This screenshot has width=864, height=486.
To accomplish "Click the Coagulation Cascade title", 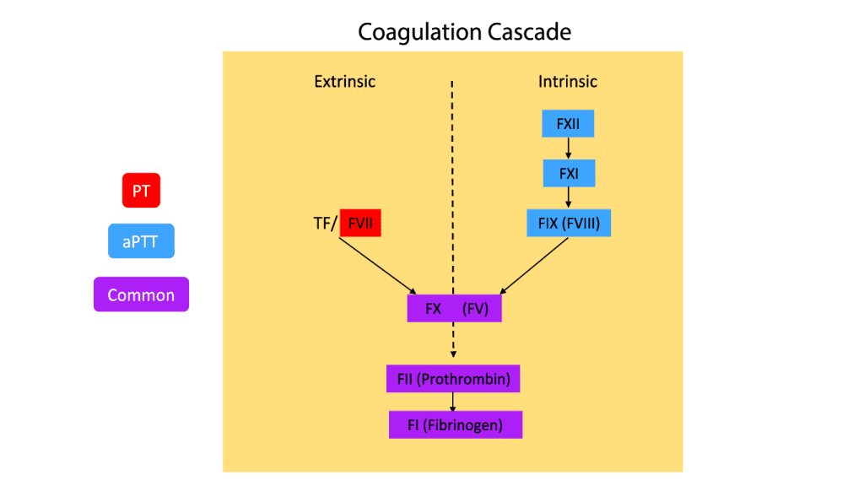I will [465, 32].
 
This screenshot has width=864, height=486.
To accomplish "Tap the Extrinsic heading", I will [344, 82].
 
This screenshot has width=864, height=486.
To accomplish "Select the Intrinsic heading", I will [568, 82].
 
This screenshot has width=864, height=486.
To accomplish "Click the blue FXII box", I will [568, 125].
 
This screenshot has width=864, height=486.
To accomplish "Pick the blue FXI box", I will [568, 174].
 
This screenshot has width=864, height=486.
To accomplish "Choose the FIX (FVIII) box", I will [568, 224].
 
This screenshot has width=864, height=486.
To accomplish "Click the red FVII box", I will [362, 224].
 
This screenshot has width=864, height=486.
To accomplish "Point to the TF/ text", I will [325, 224].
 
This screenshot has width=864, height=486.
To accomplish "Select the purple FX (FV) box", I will [454, 308].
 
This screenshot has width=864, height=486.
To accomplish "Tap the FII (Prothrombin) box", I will [454, 379].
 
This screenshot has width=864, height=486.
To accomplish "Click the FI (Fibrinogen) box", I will [455, 424].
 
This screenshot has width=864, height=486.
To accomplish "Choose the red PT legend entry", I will [141, 191].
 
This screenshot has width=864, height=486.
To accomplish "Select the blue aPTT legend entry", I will [141, 241].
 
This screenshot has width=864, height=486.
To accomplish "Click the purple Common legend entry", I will [141, 295].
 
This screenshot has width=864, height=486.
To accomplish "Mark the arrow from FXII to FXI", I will [568, 148].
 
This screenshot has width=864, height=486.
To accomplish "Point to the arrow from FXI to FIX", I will [568, 197].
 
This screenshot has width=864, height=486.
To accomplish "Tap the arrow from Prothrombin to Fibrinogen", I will [454, 402].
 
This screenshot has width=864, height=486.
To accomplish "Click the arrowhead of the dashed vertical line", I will [453, 354].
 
